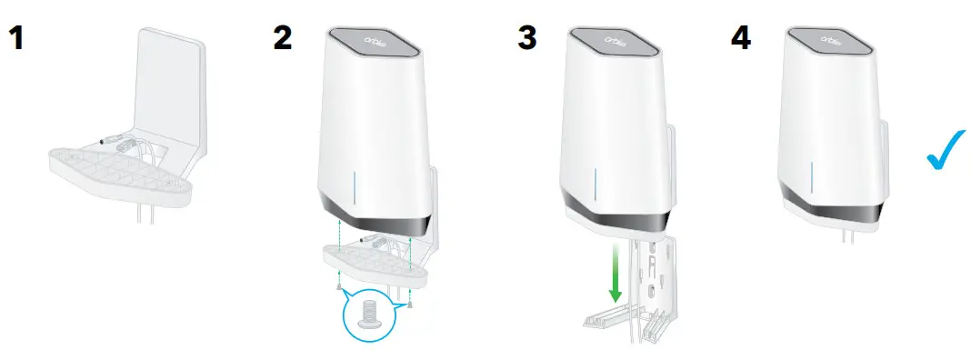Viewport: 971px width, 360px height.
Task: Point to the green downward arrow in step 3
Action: click(616, 272)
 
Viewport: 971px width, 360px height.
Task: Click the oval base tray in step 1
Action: click(118, 173)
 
